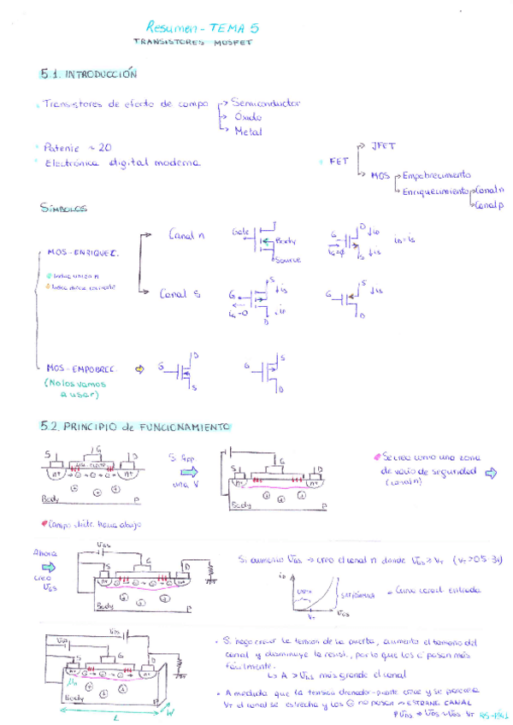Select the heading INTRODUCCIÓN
99,74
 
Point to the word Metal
248,131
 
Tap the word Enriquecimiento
435,192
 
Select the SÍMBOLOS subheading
63,208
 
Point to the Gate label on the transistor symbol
240,233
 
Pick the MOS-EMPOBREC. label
81,368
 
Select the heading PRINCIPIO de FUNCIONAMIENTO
146,427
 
